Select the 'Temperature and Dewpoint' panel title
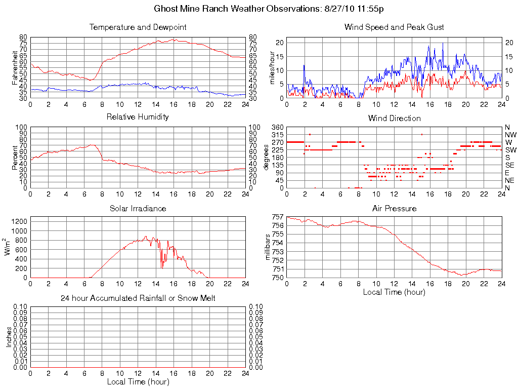138,27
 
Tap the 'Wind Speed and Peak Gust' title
394,27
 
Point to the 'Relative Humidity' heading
138,117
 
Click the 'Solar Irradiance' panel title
138,208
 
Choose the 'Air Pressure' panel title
394,208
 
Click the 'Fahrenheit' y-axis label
15,67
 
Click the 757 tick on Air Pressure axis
277,217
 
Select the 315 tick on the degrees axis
277,135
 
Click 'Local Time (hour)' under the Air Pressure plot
394,292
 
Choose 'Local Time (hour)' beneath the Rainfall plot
138,381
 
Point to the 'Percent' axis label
15,157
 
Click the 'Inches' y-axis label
9,336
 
